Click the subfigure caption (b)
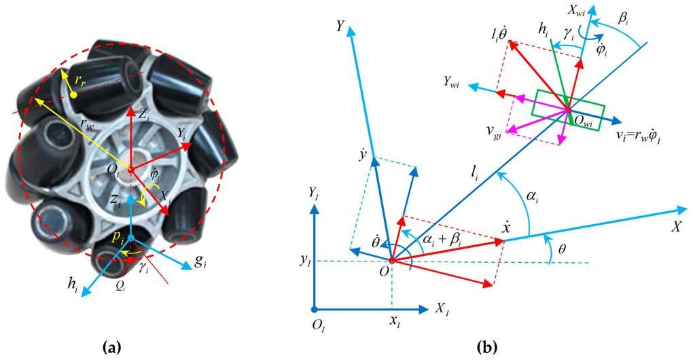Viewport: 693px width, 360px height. tap(487, 348)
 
